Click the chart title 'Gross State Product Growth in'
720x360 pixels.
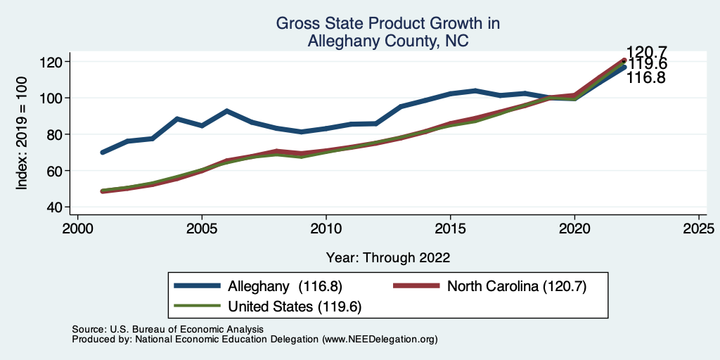[387, 24]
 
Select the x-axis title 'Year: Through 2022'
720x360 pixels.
[388, 257]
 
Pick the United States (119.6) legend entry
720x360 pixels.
[295, 306]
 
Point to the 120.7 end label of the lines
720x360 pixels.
[647, 52]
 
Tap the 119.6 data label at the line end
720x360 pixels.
[647, 65]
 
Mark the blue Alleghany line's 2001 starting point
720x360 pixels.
[103, 152]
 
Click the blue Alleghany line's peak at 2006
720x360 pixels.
[226, 111]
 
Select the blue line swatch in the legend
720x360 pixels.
[198, 286]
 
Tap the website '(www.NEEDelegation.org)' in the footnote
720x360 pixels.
[380, 339]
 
